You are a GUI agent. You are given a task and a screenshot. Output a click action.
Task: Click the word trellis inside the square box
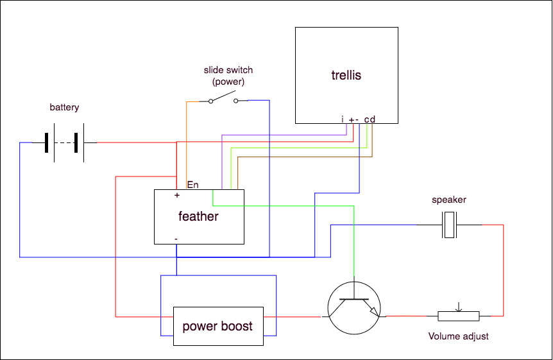pos(346,75)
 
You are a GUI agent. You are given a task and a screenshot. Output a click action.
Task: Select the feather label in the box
pos(198,216)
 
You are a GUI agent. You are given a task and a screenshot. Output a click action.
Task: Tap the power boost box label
pos(217,326)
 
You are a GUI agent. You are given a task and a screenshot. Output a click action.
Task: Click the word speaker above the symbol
pos(449,200)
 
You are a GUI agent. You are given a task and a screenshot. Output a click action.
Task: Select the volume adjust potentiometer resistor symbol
pos(458,316)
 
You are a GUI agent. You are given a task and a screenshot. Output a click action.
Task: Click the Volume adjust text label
pos(458,336)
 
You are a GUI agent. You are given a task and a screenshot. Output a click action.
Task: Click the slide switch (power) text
pos(228,76)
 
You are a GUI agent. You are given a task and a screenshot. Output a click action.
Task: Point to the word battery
pos(64,107)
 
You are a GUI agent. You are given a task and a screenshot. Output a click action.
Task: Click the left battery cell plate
pos(47,142)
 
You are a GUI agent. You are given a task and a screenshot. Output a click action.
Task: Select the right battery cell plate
pos(77,142)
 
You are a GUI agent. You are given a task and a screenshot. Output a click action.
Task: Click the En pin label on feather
pos(192,185)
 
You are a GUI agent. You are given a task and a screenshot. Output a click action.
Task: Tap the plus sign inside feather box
pos(176,195)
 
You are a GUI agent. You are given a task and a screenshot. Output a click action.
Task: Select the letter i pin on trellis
pos(343,119)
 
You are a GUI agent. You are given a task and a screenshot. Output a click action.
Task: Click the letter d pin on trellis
pos(372,119)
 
